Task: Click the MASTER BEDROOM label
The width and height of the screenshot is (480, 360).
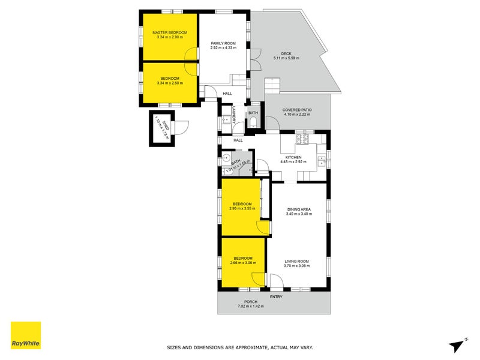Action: (x=170, y=32)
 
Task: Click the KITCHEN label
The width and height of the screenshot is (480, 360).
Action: (x=293, y=157)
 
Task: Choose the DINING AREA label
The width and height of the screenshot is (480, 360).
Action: (x=298, y=209)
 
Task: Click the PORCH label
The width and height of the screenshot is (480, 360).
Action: (x=250, y=302)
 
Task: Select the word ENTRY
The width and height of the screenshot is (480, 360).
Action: (x=277, y=296)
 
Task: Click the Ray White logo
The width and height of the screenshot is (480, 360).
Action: (x=26, y=335)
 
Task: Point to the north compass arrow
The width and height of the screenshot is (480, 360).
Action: (x=458, y=344)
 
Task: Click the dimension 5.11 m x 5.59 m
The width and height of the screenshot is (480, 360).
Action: (x=286, y=58)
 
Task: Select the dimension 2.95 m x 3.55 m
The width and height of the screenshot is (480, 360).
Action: (x=242, y=209)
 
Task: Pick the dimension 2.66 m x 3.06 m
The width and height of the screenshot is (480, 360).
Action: (x=242, y=263)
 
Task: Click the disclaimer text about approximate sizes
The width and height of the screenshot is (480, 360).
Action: (x=239, y=347)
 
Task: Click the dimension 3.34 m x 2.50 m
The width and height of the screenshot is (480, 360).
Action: (x=170, y=83)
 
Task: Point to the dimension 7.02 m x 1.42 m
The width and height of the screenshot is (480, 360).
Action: (x=250, y=307)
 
